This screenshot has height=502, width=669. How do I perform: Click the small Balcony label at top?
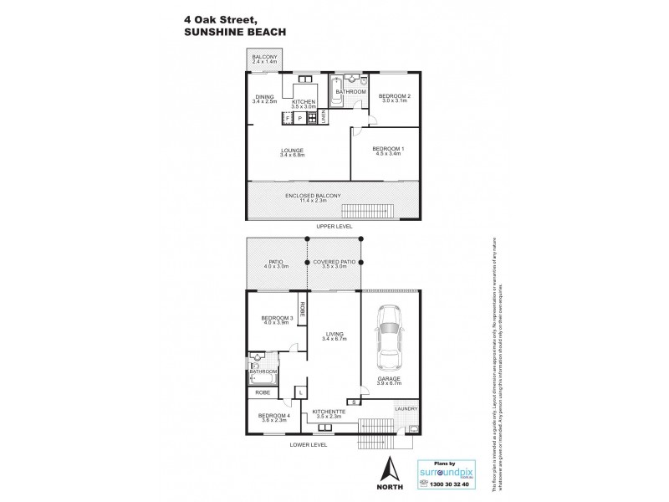tap(266, 58)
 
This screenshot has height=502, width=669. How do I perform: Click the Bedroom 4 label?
tap(273, 418)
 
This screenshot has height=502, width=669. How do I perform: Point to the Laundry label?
tap(405, 409)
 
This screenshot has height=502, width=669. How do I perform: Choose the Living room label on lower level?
tap(333, 337)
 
